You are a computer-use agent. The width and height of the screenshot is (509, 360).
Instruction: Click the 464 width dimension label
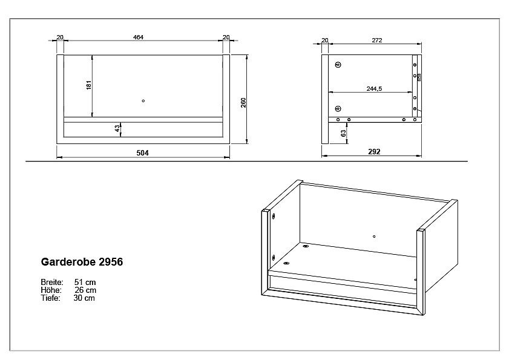click(x=138, y=38)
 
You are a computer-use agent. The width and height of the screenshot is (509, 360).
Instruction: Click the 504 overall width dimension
click(x=142, y=153)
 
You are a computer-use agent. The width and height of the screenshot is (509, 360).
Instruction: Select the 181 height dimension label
click(x=88, y=85)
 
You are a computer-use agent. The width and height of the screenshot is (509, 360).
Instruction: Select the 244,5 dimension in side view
click(x=374, y=89)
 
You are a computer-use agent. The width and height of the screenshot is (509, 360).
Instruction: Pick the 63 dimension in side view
click(x=343, y=133)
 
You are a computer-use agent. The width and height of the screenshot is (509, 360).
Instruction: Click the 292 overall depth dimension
click(x=374, y=152)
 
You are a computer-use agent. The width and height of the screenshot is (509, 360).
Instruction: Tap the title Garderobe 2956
click(x=82, y=263)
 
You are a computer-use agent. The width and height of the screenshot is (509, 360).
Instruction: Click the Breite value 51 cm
click(x=84, y=283)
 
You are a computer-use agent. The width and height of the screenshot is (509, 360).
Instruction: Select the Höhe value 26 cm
click(x=84, y=290)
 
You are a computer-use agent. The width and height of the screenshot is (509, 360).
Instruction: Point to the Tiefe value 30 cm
click(x=84, y=298)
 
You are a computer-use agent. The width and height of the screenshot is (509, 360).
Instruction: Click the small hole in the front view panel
click(x=143, y=100)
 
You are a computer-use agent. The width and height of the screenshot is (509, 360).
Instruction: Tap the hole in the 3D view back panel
click(x=375, y=235)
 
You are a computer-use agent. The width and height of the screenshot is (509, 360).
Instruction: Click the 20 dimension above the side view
click(x=324, y=40)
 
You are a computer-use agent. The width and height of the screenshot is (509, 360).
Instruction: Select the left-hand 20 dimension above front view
click(x=59, y=38)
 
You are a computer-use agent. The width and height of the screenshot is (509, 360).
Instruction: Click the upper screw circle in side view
click(x=338, y=65)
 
